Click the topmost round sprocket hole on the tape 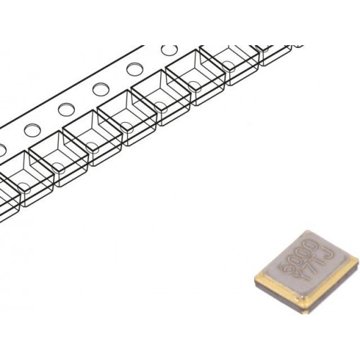tap(169, 52)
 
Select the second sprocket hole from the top tap(135, 71)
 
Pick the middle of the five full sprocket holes tap(100, 90)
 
